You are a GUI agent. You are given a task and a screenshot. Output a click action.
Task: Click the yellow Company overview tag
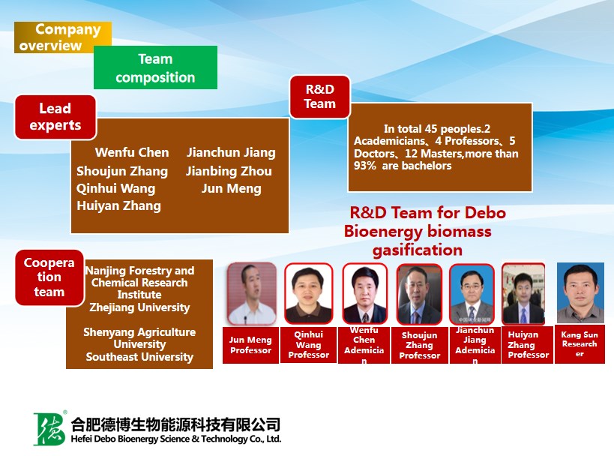(x=63, y=37)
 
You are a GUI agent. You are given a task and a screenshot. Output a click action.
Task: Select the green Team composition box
(x=155, y=67)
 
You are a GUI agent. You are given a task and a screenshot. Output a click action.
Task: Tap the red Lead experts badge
(x=55, y=117)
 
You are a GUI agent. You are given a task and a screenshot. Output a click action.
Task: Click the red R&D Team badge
(x=320, y=97)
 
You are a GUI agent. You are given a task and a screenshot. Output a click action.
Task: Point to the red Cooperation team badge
(x=49, y=277)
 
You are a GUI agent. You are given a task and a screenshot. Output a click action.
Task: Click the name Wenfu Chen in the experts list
(x=132, y=152)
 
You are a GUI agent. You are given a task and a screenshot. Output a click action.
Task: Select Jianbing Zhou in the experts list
(x=229, y=171)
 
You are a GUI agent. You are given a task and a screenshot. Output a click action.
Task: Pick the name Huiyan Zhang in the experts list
(x=118, y=205)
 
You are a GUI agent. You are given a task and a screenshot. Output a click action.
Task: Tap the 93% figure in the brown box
(x=364, y=166)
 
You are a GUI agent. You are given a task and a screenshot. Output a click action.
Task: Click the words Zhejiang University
(x=139, y=307)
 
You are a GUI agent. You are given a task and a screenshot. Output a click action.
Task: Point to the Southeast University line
(x=139, y=357)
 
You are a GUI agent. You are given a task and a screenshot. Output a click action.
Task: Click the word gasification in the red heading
(x=418, y=250)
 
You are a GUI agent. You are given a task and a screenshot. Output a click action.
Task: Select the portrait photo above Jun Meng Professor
(x=251, y=293)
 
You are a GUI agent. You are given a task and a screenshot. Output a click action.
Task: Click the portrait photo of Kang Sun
(x=580, y=293)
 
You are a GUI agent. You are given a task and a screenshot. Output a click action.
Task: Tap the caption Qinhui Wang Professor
(x=309, y=345)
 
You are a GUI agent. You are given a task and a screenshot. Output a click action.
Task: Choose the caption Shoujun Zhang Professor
(x=419, y=345)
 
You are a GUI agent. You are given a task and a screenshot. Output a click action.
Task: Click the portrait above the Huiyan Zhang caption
(x=523, y=294)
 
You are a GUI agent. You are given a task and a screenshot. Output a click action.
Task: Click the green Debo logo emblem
(x=49, y=428)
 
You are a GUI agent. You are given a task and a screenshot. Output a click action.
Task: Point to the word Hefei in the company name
(x=80, y=439)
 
